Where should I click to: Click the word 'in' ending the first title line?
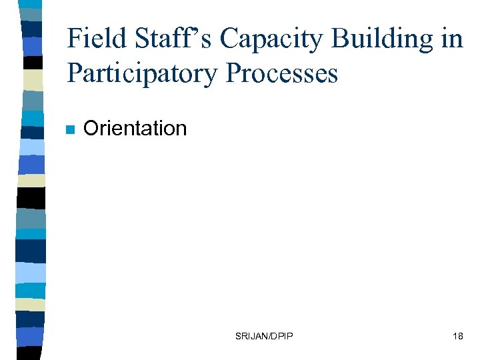[453, 39]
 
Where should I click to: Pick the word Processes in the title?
[282, 73]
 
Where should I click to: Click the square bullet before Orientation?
[69, 129]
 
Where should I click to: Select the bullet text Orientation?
[135, 128]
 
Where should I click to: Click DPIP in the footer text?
[283, 336]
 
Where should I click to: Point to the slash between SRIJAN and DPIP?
[270, 336]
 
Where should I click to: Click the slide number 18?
[457, 336]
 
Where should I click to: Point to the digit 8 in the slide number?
[460, 336]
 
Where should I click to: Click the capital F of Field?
[74, 39]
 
